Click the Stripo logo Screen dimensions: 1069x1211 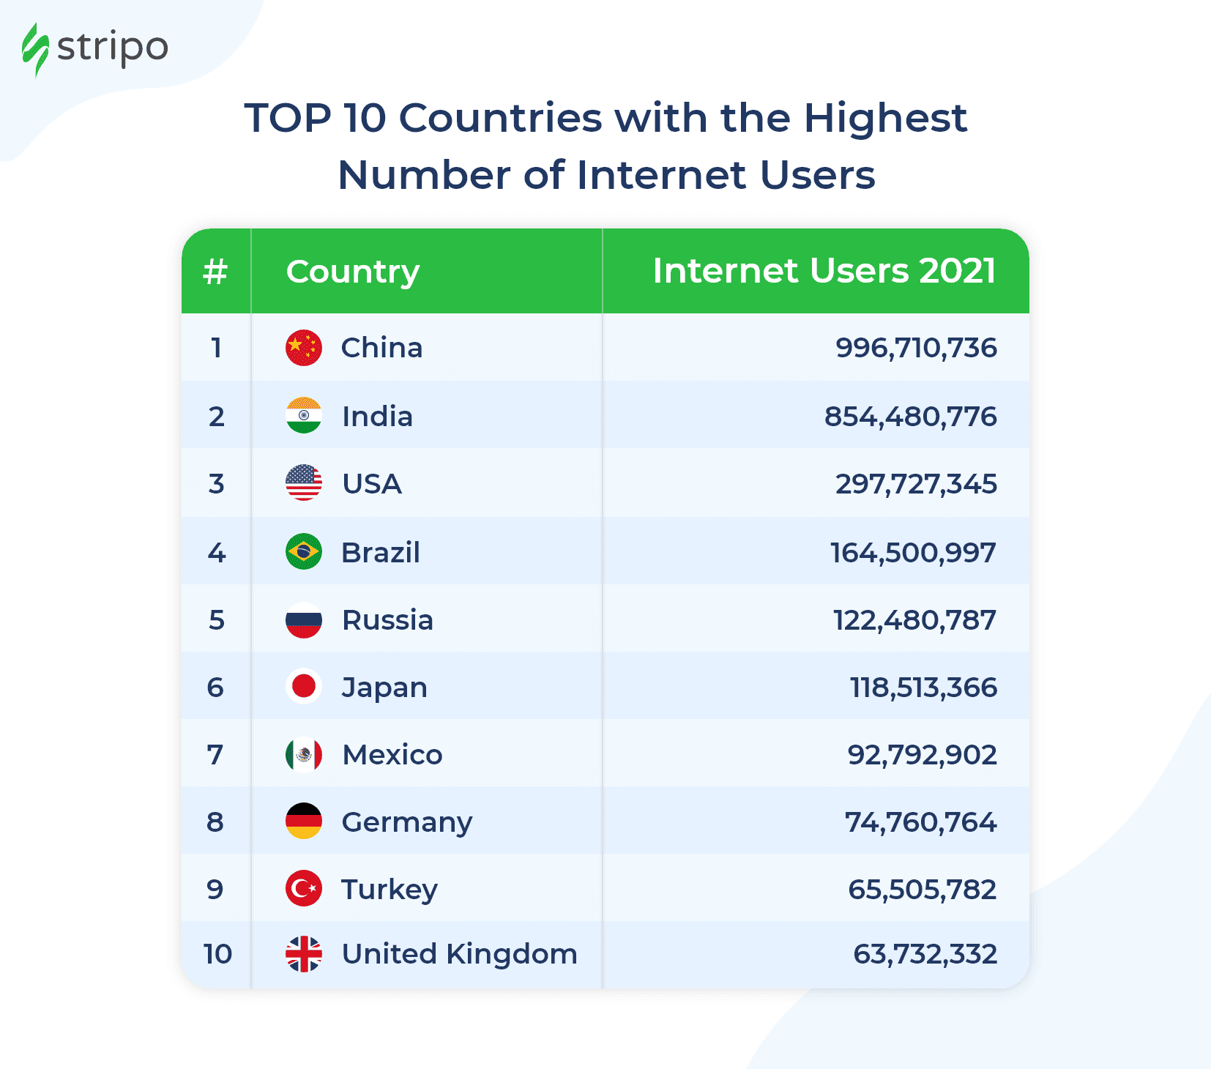pyautogui.click(x=95, y=49)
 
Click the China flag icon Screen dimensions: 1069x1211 pyautogui.click(x=303, y=348)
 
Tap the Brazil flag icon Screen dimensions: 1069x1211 pyautogui.click(x=303, y=552)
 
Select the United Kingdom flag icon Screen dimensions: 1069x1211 pyautogui.click(x=303, y=954)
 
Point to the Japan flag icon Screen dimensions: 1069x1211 pyautogui.click(x=303, y=687)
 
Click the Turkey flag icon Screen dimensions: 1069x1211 pyautogui.click(x=303, y=889)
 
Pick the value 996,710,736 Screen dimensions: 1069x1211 pyautogui.click(x=916, y=348)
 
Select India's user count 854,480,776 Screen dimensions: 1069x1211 pyautogui.click(x=910, y=417)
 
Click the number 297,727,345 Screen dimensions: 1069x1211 pyautogui.click(x=916, y=484)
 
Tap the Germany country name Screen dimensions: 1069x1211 pyautogui.click(x=407, y=822)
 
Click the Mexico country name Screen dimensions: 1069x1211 pyautogui.click(x=392, y=755)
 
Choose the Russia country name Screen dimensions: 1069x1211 pyautogui.click(x=388, y=620)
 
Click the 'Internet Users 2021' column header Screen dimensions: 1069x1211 pyautogui.click(x=824, y=271)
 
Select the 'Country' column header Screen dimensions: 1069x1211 pyautogui.click(x=353, y=272)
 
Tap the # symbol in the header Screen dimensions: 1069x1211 pyautogui.click(x=215, y=272)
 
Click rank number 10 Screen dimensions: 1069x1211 pyautogui.click(x=217, y=954)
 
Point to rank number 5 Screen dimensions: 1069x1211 pyautogui.click(x=216, y=620)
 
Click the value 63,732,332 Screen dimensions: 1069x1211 pyautogui.click(x=925, y=954)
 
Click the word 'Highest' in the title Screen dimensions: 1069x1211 pyautogui.click(x=885, y=118)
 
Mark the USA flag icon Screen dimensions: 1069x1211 pyautogui.click(x=303, y=483)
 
